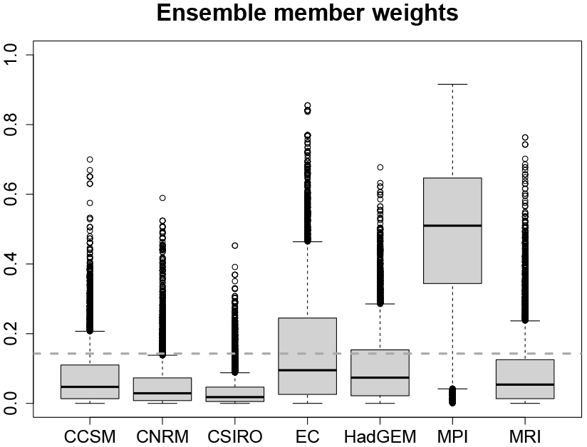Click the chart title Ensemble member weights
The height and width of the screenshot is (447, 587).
[307, 14]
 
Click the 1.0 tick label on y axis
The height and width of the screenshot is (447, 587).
[14, 56]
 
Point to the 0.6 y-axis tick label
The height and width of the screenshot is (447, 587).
[14, 194]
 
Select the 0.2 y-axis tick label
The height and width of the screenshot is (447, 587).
[14, 334]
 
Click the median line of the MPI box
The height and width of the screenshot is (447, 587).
[452, 226]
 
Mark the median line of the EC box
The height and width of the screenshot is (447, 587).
[307, 370]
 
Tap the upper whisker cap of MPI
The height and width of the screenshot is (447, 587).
[452, 84]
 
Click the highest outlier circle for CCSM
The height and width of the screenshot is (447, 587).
[90, 159]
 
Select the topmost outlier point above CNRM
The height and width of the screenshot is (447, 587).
[162, 198]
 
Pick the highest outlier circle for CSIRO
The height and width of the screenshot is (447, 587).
[234, 246]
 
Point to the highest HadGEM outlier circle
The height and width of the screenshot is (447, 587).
[380, 167]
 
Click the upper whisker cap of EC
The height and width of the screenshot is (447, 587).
[307, 242]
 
